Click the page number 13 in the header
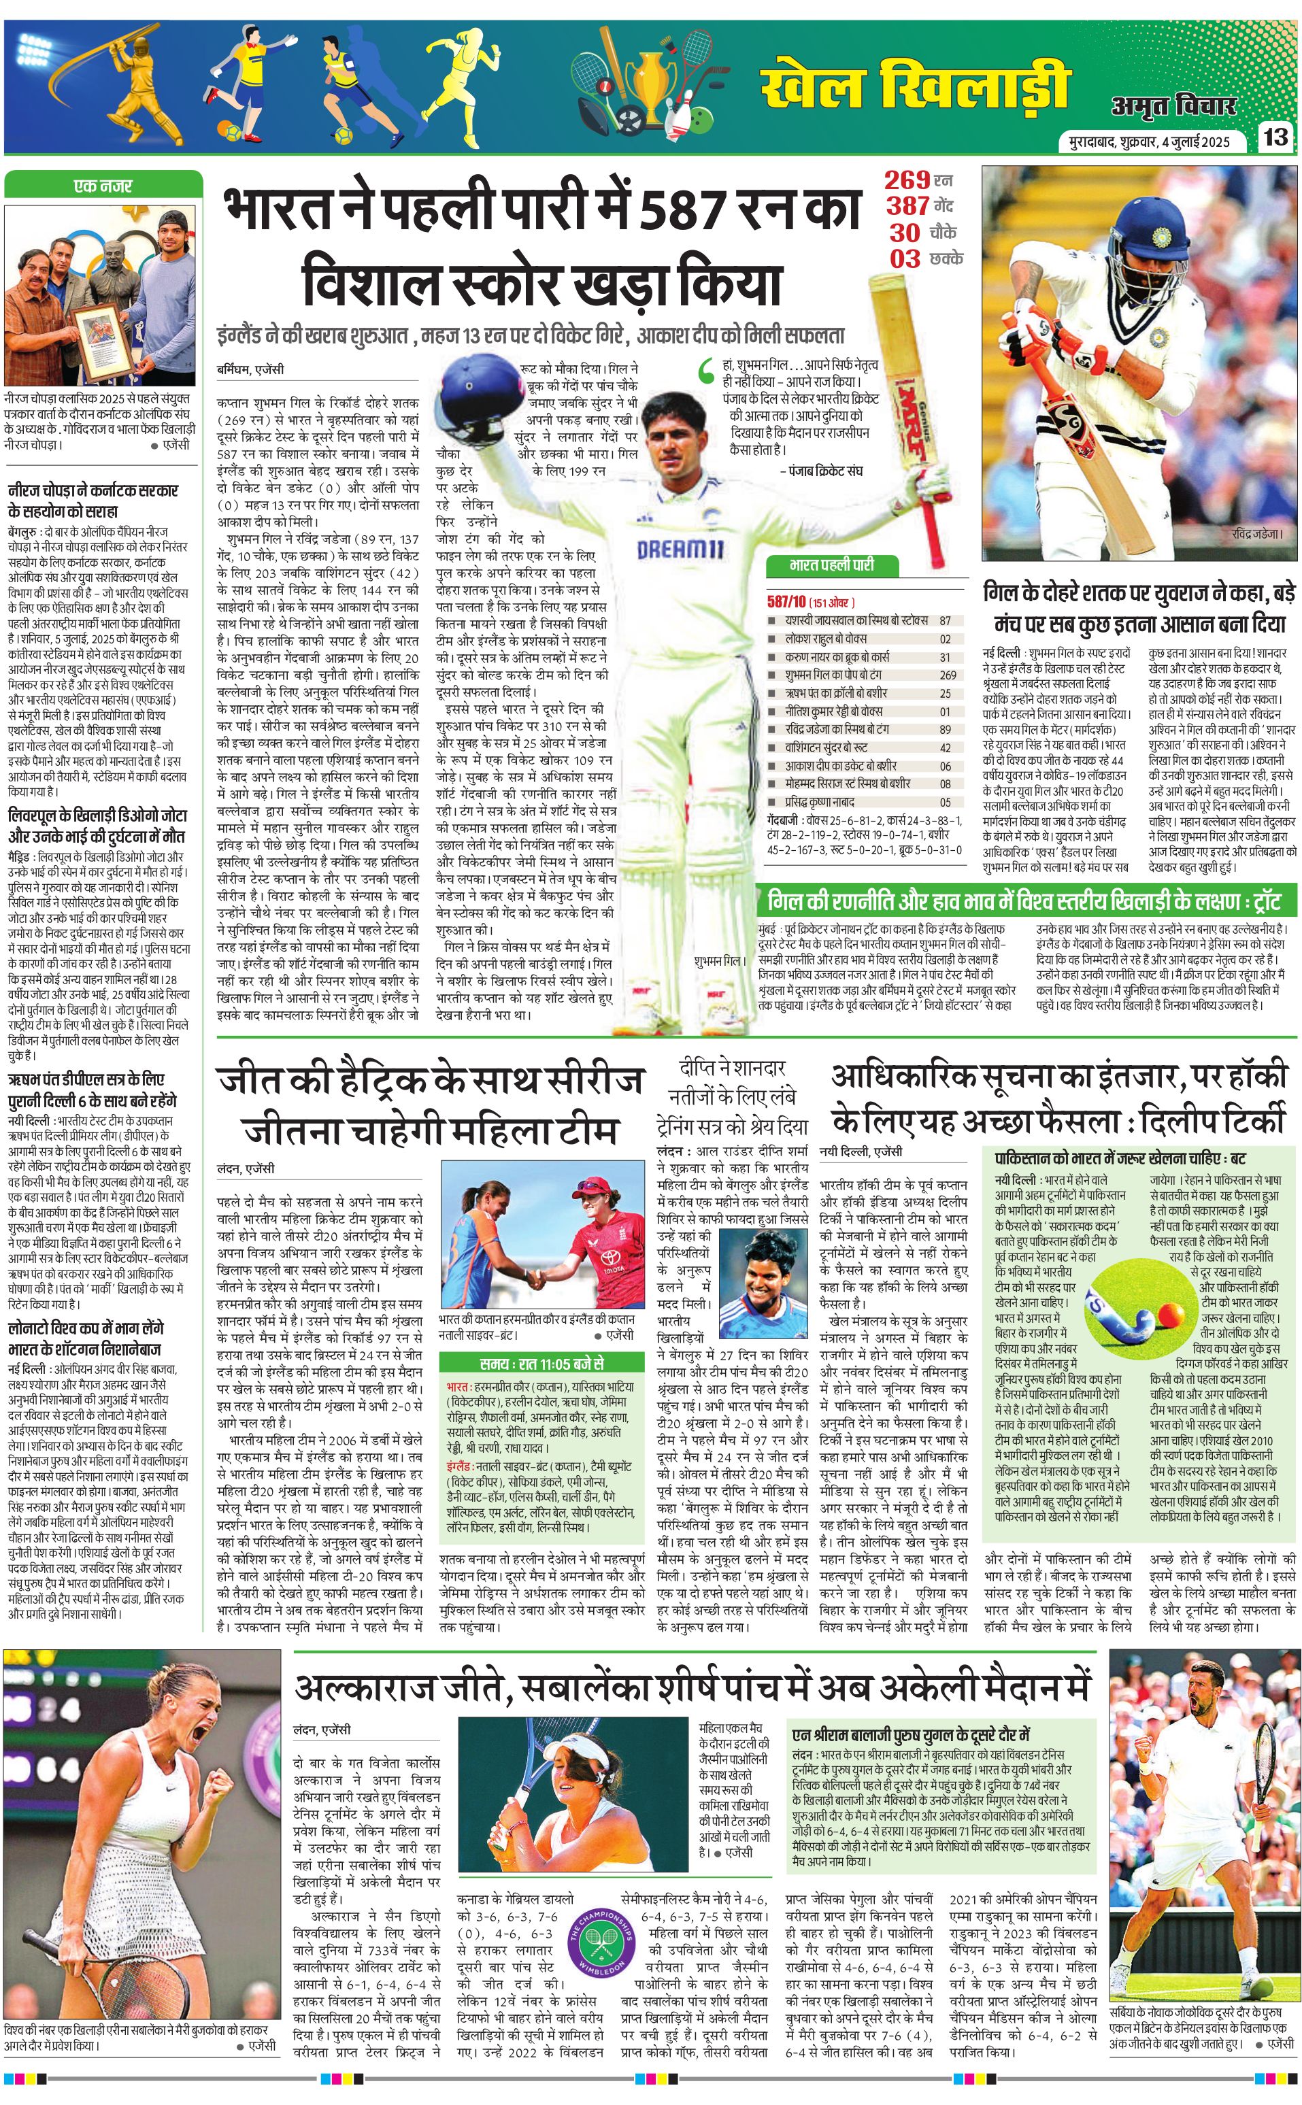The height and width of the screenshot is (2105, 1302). point(1276,137)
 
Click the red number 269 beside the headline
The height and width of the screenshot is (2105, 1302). point(907,180)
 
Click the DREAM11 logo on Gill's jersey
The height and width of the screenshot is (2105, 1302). point(680,550)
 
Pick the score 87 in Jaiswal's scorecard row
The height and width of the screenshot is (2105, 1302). point(946,620)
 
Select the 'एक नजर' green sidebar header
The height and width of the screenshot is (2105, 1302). point(103,185)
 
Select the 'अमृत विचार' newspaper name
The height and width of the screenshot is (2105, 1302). point(1173,105)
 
